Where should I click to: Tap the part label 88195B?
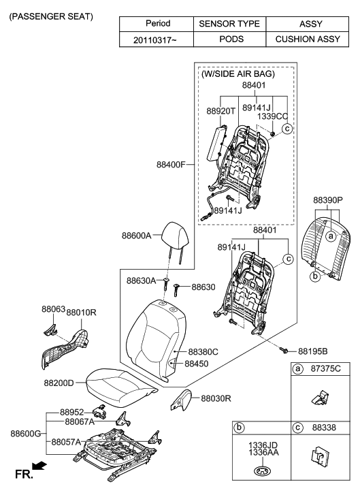tap(313, 351)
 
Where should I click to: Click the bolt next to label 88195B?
tap(284, 350)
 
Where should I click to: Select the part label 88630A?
tap(142, 281)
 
